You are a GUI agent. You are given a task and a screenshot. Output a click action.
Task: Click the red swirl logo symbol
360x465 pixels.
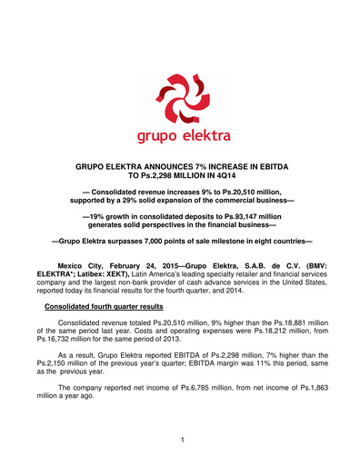click(x=181, y=100)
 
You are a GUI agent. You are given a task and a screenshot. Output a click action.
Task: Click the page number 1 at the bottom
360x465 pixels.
click(x=181, y=440)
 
